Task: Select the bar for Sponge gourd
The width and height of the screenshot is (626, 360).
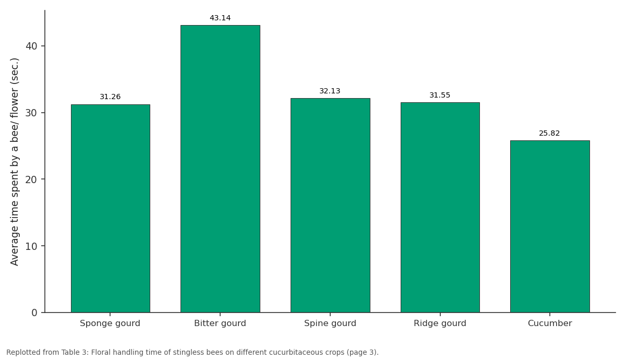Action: tap(111, 209)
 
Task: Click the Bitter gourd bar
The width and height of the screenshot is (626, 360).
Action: tap(220, 169)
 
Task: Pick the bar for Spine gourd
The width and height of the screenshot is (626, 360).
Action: tap(330, 206)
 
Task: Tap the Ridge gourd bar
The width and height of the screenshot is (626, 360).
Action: tap(440, 208)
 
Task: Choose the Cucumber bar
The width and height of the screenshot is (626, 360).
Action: tap(550, 226)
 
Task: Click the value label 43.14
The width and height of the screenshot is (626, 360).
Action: tap(220, 18)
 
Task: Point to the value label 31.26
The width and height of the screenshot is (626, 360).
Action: tap(110, 97)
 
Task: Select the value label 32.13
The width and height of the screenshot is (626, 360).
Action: tap(330, 91)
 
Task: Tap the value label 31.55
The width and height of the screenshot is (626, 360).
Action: tap(440, 95)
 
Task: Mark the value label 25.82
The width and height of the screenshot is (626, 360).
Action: tap(549, 134)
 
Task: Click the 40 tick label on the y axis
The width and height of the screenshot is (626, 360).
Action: tap(31, 46)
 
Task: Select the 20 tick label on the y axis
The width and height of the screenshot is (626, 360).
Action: tap(31, 179)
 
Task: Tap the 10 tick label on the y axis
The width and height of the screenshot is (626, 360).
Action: tap(31, 246)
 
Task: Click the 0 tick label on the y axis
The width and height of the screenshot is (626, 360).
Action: tap(34, 313)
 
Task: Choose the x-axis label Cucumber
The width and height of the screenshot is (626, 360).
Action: tap(550, 323)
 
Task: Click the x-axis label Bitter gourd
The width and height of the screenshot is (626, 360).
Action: tap(220, 323)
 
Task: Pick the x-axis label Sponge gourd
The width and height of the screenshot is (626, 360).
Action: tap(110, 323)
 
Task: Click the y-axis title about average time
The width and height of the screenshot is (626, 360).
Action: tap(14, 162)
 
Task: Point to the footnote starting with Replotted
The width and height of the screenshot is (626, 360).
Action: tap(192, 352)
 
